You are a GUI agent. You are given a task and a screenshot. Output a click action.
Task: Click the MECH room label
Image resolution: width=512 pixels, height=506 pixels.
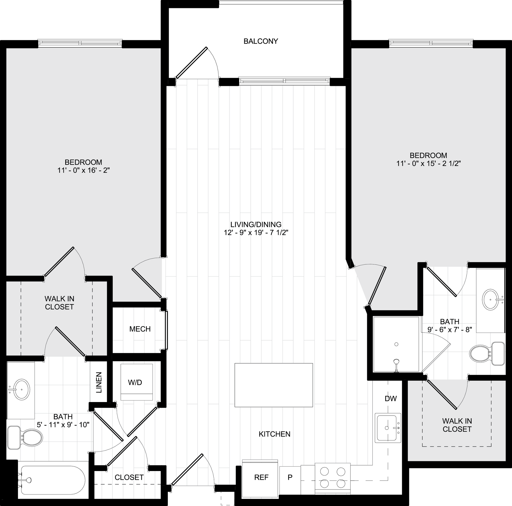click(140, 329)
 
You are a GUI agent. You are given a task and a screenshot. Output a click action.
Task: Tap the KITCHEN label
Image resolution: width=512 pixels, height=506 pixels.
click(274, 434)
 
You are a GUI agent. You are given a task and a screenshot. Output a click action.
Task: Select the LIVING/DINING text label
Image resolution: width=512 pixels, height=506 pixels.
click(256, 224)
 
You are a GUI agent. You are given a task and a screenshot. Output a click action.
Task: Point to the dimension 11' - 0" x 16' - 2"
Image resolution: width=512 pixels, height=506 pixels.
click(83, 170)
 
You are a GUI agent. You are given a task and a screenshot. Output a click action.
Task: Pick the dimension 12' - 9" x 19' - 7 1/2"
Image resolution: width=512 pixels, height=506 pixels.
click(256, 233)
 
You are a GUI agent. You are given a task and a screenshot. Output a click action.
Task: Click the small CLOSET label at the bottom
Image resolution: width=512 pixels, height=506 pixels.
click(129, 477)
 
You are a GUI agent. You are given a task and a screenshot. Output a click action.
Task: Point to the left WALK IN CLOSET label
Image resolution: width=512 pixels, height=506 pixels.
click(59, 303)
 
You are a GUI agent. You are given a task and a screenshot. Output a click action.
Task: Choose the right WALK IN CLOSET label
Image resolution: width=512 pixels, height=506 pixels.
click(457, 425)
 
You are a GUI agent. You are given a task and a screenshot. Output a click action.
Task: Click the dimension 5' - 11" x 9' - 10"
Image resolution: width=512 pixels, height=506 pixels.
click(63, 425)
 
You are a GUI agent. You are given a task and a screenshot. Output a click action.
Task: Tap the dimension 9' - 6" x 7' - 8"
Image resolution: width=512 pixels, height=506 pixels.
click(450, 330)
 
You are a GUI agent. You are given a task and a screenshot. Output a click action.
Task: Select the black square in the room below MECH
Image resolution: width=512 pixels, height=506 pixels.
click(136, 382)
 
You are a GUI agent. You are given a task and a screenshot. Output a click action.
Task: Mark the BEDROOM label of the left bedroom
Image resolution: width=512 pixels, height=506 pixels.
click(83, 162)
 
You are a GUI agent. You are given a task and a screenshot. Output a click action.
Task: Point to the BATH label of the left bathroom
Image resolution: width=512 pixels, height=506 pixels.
click(63, 417)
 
